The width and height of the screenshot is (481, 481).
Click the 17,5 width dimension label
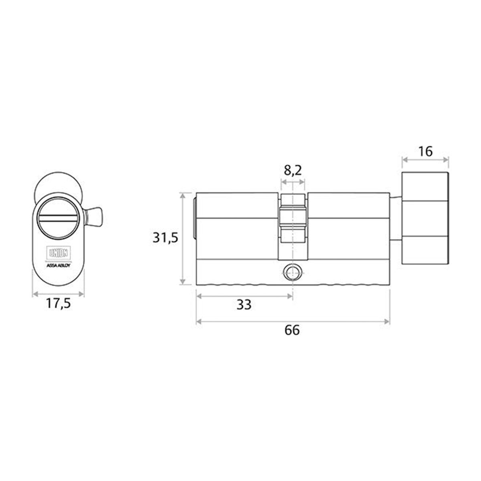[x=58, y=304]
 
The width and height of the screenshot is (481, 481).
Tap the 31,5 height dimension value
[x=165, y=238]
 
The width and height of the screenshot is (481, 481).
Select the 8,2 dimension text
[x=293, y=170]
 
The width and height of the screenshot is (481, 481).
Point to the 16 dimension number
[x=425, y=151]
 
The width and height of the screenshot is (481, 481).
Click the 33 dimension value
[x=243, y=305]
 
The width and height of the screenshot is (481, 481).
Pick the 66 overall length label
[x=292, y=330]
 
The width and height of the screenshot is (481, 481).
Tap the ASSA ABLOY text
[x=59, y=265]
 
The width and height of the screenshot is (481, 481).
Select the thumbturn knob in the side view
[x=425, y=218]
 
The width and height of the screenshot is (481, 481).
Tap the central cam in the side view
[x=293, y=218]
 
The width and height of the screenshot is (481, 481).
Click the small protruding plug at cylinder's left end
[x=194, y=218]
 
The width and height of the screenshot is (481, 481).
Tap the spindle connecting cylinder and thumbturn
[x=396, y=218]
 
